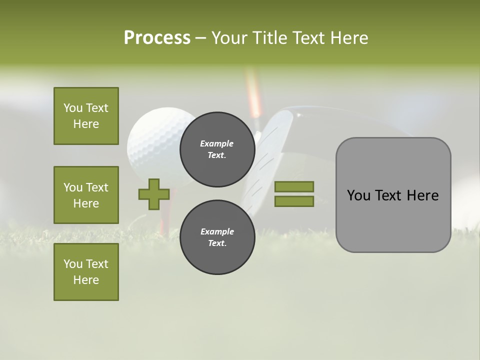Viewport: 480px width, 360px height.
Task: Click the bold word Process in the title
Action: (x=157, y=37)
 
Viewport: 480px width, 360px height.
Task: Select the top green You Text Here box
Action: (x=86, y=116)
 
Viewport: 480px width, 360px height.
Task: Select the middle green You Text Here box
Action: (x=86, y=195)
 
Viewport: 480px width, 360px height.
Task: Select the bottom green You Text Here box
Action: (x=86, y=272)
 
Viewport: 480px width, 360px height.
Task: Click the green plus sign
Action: (x=154, y=194)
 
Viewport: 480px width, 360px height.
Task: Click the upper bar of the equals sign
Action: (x=294, y=186)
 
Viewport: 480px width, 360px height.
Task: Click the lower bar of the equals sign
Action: (x=294, y=201)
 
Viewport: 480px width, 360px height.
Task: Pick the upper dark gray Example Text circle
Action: (x=217, y=149)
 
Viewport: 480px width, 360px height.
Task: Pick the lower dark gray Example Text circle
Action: (x=217, y=237)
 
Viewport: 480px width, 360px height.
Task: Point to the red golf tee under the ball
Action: (x=165, y=210)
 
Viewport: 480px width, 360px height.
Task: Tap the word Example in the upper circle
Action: (x=216, y=143)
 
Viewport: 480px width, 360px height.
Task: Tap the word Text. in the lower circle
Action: (x=217, y=243)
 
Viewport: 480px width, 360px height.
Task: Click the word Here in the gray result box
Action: (x=422, y=195)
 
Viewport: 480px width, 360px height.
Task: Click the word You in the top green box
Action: (x=73, y=108)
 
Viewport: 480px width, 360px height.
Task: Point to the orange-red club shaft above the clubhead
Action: (x=254, y=95)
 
